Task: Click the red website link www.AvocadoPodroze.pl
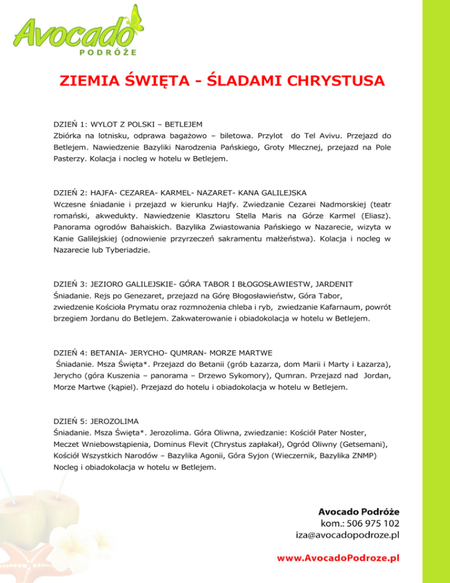tap(339, 558)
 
